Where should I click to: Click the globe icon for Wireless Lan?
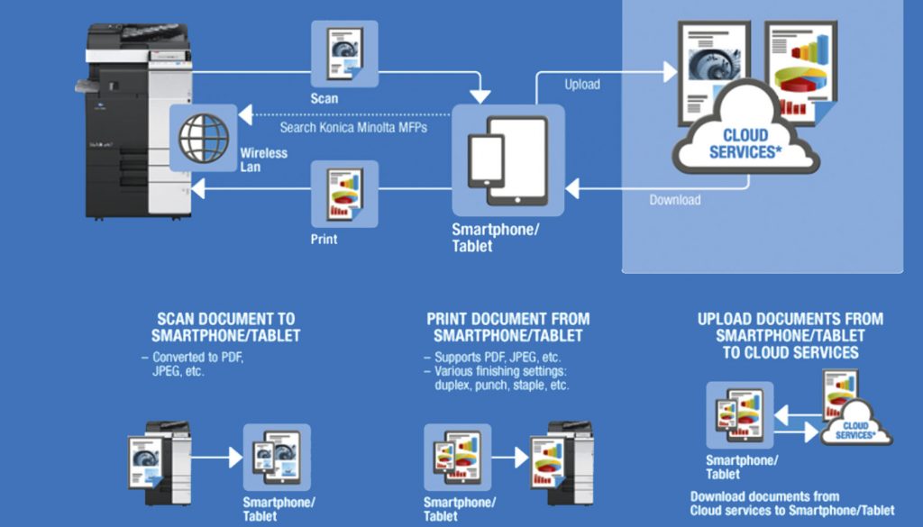[x=204, y=138]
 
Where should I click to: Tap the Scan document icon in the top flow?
[x=344, y=54]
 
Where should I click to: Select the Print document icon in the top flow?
[x=344, y=194]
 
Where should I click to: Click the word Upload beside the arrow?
[x=582, y=85]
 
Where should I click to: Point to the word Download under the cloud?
[x=675, y=200]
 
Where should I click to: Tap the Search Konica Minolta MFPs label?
[x=353, y=128]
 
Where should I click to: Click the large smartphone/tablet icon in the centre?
[x=508, y=160]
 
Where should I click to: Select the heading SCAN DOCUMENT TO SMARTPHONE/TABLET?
[x=226, y=328]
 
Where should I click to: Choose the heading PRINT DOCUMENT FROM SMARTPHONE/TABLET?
[x=508, y=328]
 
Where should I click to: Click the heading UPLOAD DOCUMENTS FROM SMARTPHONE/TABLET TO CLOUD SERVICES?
[x=790, y=335]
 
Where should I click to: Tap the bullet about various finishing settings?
[x=500, y=378]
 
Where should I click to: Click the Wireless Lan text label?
[x=263, y=160]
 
